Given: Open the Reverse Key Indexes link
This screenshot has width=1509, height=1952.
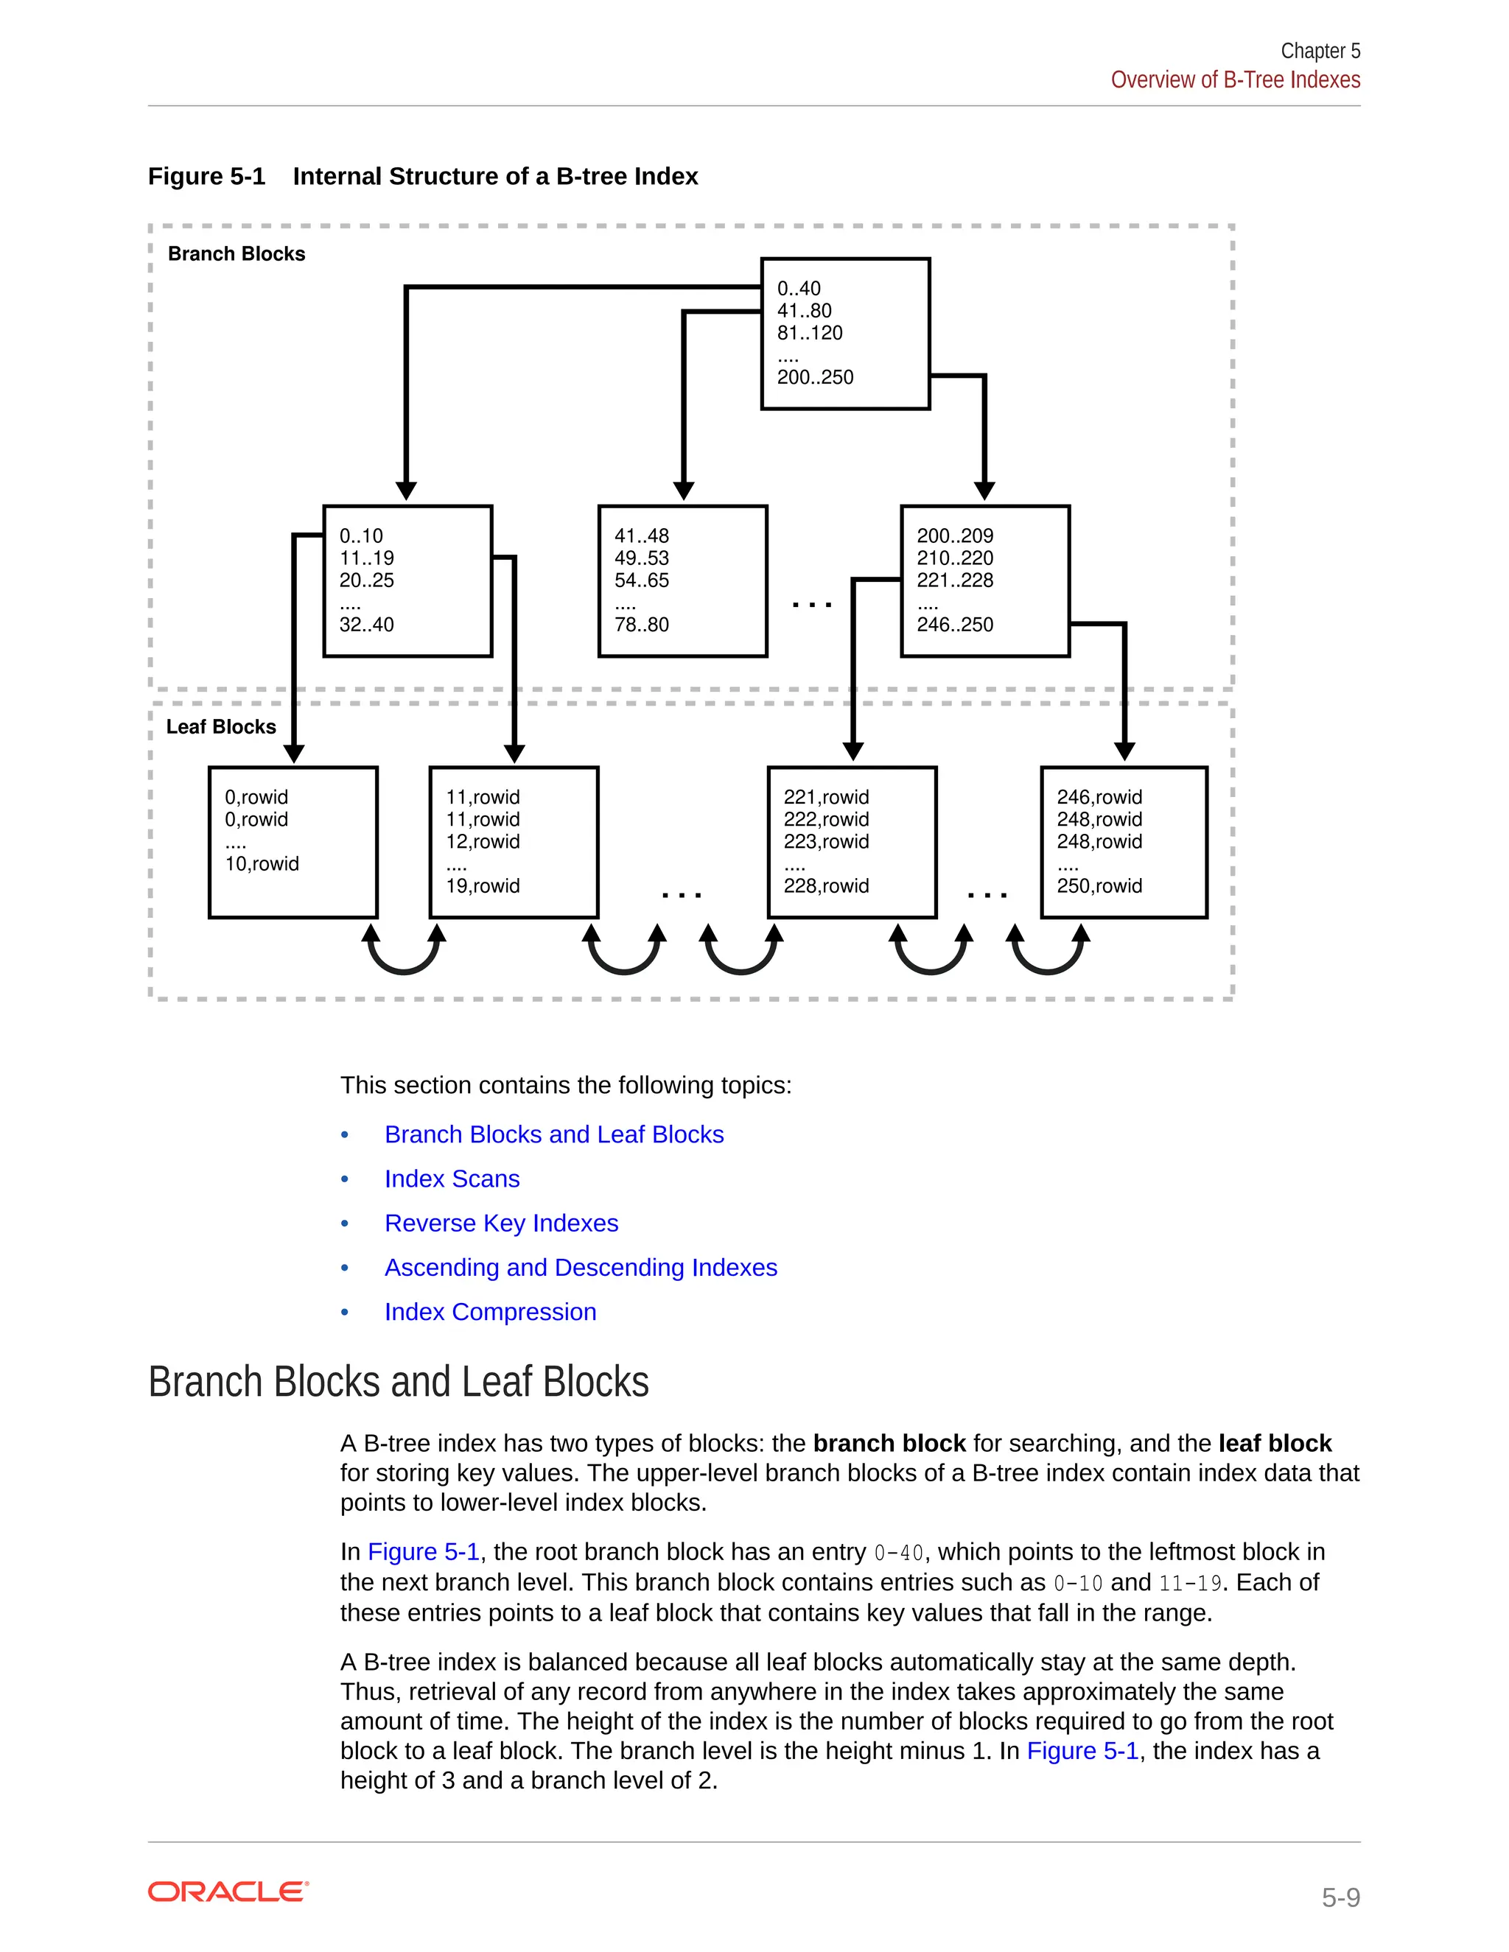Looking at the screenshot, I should [x=500, y=1223].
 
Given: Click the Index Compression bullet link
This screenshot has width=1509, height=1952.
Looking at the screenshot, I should [x=490, y=1311].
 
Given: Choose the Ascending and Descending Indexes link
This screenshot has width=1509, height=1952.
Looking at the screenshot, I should [x=580, y=1268].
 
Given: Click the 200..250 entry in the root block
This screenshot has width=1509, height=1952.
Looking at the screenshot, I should [x=814, y=377].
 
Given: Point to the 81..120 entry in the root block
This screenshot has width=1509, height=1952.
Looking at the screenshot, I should [x=809, y=334].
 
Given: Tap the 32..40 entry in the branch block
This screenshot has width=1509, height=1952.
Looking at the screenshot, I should [x=365, y=625].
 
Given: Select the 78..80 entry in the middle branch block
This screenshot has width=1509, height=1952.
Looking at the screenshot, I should [x=641, y=625].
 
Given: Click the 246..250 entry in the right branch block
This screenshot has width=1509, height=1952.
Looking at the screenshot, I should [x=954, y=625].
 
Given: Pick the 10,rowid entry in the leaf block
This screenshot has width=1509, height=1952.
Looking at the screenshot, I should [x=261, y=863].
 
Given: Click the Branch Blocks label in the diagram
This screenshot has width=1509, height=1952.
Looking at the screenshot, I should [x=236, y=254].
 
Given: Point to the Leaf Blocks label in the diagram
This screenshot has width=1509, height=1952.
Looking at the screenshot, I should [x=221, y=726].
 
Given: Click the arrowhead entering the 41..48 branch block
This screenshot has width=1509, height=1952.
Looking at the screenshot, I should [x=684, y=491].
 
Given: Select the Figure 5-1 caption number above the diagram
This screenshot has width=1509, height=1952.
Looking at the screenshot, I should [x=206, y=176].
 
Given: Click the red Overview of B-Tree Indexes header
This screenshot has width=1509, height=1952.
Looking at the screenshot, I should [x=1235, y=80].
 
